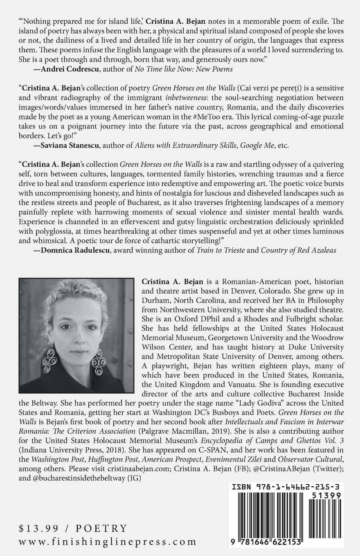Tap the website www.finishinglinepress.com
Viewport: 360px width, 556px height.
coord(108,542)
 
